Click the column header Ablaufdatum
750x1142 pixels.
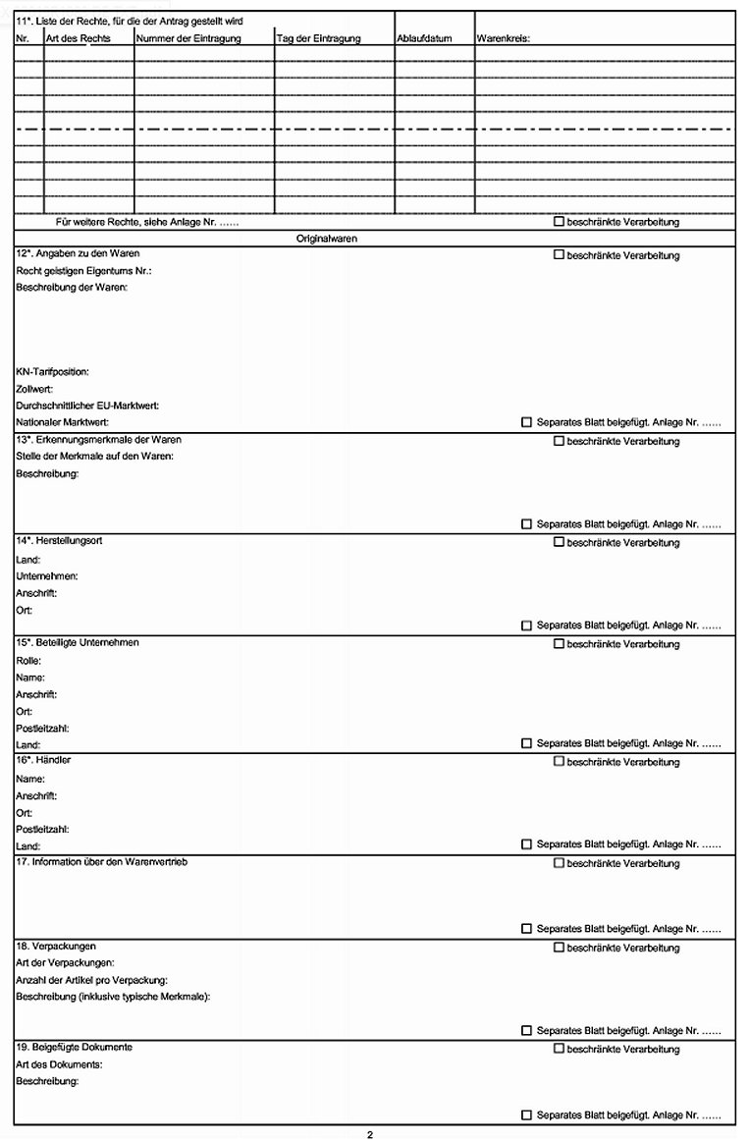(x=424, y=38)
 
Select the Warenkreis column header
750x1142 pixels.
(x=503, y=38)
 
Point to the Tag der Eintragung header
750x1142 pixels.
(x=319, y=38)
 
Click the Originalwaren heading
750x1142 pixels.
(x=327, y=239)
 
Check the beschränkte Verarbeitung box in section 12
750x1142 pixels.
(x=559, y=255)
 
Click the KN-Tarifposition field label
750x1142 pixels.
(x=53, y=372)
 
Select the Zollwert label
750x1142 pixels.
(x=35, y=389)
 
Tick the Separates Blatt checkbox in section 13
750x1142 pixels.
(x=527, y=524)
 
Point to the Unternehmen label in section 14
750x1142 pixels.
(x=47, y=576)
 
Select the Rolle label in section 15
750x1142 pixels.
(x=28, y=661)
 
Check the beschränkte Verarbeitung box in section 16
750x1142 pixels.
(x=559, y=761)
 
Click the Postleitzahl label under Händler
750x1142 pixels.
(x=42, y=829)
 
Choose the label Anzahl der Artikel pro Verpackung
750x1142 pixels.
(x=92, y=980)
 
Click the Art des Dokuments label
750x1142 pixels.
(x=60, y=1064)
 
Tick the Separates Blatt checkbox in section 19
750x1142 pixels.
(x=527, y=1115)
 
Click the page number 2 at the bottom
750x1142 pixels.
(x=370, y=1135)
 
